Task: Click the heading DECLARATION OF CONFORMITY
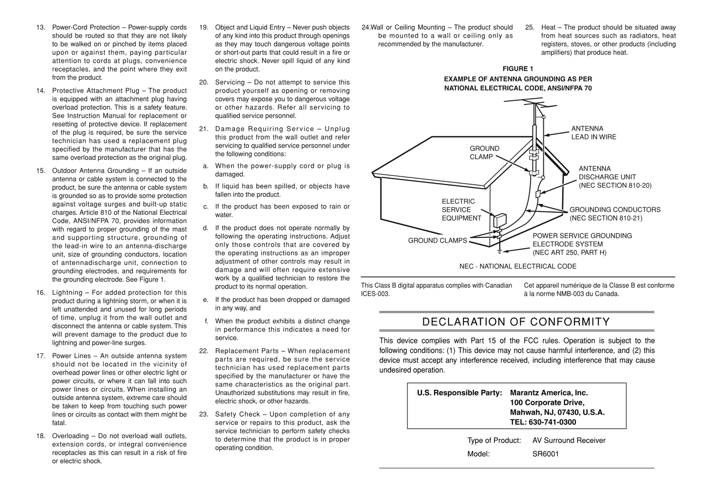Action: click(x=516, y=322)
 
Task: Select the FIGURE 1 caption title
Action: click(x=517, y=69)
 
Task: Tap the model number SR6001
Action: click(x=545, y=454)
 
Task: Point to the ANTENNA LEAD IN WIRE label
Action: click(x=593, y=133)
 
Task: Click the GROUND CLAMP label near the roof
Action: click(x=484, y=153)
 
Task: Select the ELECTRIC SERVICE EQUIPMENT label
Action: click(x=461, y=210)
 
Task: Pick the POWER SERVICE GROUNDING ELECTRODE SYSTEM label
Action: click(x=582, y=244)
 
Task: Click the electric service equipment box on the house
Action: click(x=499, y=221)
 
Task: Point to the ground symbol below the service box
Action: click(x=499, y=252)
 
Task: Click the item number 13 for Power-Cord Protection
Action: click(x=40, y=28)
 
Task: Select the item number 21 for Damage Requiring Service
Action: click(x=204, y=129)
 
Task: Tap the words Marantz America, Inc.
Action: click(x=549, y=393)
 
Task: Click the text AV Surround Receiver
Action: click(x=569, y=441)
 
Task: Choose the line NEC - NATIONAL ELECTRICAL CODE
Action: click(x=517, y=267)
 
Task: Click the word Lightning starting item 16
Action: click(x=67, y=293)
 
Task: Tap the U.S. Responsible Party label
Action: click(x=459, y=393)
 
